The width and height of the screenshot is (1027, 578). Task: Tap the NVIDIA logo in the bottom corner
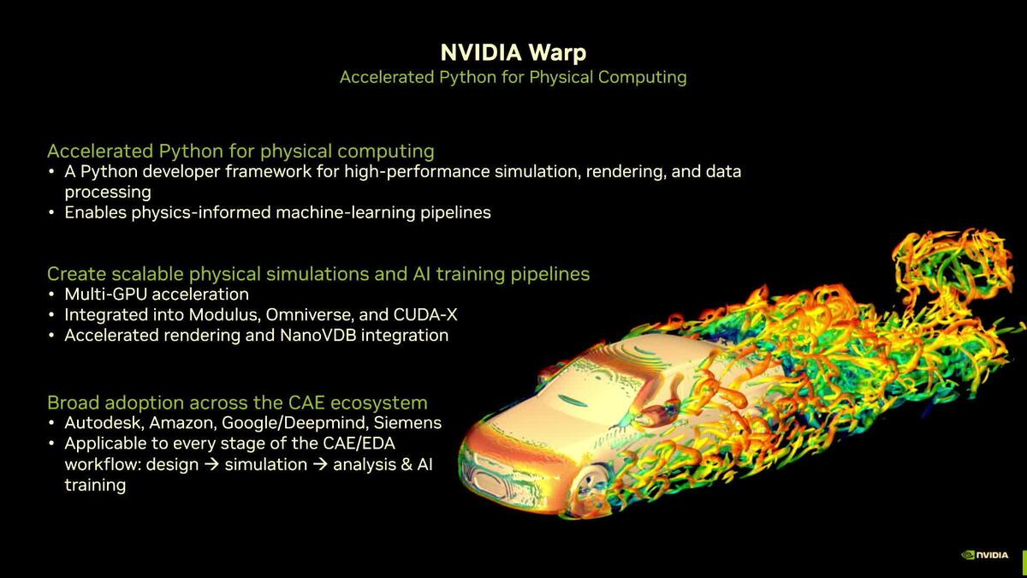point(985,555)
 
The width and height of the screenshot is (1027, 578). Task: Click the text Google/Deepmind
point(297,423)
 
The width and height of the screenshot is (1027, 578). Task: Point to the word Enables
point(95,212)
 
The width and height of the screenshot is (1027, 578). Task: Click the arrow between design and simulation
point(211,465)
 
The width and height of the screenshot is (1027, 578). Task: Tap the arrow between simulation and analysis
point(318,465)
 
